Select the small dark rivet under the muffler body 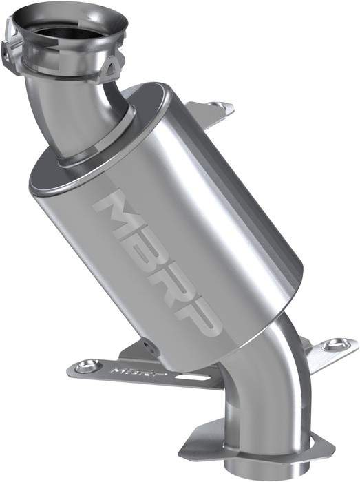[146, 342]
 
